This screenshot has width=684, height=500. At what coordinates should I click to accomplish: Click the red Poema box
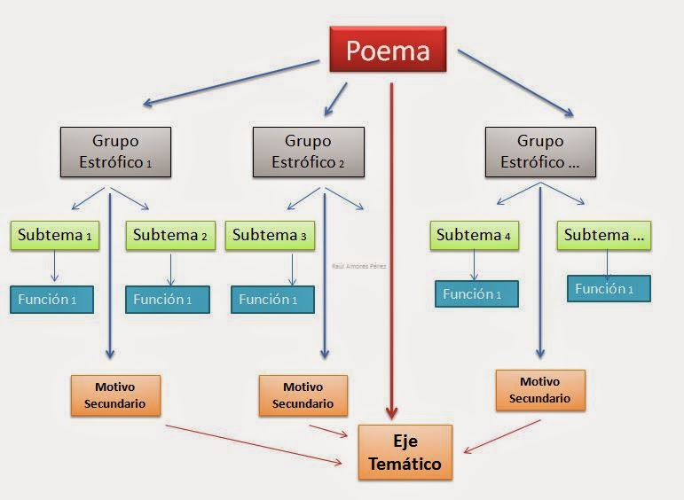388,51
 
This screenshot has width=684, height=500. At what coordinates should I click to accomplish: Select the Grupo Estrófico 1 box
115,152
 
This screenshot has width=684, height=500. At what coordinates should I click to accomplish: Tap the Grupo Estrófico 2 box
308,152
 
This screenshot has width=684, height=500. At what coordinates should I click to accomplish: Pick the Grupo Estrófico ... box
540,152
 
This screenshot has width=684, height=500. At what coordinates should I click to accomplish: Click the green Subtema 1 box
55,235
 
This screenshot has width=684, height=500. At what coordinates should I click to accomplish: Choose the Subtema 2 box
170,235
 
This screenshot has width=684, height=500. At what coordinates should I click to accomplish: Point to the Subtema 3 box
271,235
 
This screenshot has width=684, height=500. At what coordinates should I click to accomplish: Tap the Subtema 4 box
475,235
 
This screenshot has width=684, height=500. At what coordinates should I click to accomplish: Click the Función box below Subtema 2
168,300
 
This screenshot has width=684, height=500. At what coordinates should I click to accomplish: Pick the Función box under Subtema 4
476,294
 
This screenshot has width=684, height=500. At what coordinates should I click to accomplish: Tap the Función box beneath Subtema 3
271,300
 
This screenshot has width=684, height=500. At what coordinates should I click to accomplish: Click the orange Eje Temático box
405,452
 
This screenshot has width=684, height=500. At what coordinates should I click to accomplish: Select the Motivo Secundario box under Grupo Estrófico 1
115,395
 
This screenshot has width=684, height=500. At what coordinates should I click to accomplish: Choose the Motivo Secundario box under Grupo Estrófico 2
303,395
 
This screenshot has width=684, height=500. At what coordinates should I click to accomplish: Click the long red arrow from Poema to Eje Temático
391,248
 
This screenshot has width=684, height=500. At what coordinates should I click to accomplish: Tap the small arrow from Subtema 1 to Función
55,267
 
